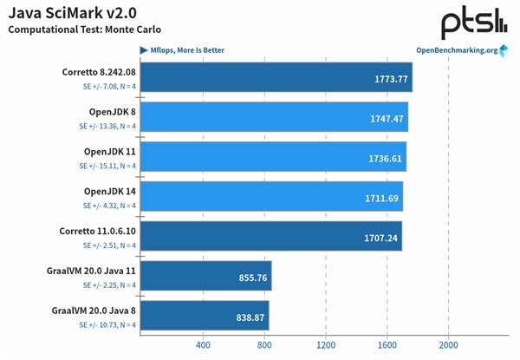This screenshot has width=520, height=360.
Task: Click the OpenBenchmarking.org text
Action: point(451,49)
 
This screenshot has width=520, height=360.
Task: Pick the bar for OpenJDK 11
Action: point(272,155)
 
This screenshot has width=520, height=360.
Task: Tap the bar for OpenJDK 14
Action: point(270,196)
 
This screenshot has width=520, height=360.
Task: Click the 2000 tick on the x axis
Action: point(447,344)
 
